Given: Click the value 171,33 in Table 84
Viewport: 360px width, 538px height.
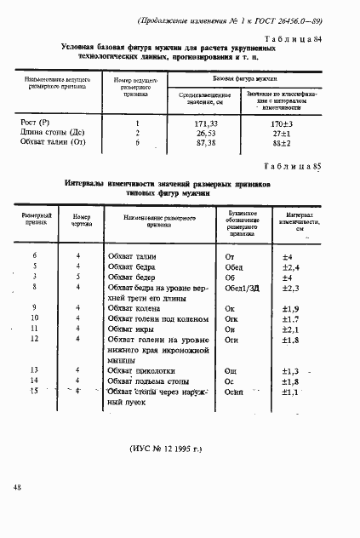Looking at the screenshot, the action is pyautogui.click(x=207, y=123).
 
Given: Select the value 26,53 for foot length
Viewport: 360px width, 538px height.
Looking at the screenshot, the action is pyautogui.click(x=206, y=133).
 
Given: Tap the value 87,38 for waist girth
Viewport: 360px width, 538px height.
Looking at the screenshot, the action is pyautogui.click(x=207, y=142).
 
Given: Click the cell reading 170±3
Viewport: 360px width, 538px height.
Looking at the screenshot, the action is pyautogui.click(x=281, y=123).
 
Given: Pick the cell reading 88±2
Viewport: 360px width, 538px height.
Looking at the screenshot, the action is pyautogui.click(x=281, y=142).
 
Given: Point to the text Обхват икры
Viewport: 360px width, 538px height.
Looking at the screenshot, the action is pyautogui.click(x=133, y=328).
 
